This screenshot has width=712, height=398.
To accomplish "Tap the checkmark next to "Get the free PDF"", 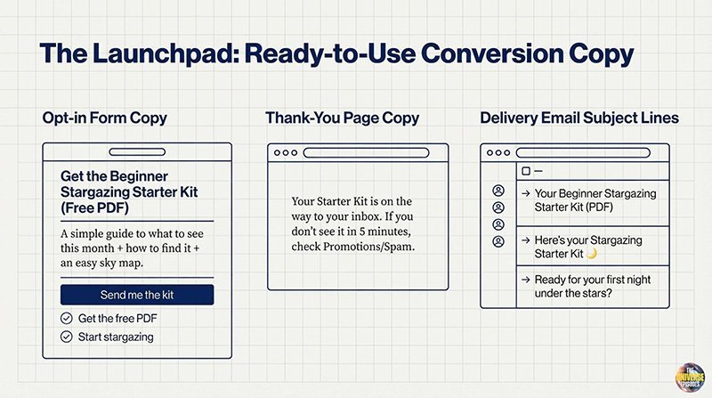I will (66, 319).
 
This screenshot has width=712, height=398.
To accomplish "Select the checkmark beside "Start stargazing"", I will (66, 337).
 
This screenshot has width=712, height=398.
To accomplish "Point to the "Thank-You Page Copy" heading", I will (343, 118).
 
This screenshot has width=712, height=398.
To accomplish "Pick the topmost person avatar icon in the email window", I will (498, 191).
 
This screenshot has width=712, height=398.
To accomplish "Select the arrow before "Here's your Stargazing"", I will (526, 240).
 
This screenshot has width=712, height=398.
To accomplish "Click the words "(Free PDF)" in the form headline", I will (95, 207).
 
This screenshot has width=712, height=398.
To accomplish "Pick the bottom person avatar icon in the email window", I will (498, 241).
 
